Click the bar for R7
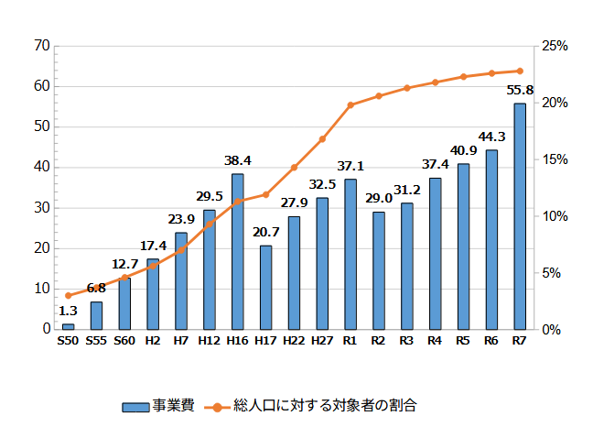(520, 216)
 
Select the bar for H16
(238, 251)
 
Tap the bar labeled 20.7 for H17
(265, 287)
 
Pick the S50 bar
(68, 326)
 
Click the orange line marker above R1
(350, 105)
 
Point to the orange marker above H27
(322, 139)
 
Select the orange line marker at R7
(520, 71)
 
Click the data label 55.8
(520, 91)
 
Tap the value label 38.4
(238, 161)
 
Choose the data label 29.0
(379, 199)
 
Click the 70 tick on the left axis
(41, 46)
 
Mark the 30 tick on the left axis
(41, 208)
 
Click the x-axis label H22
(294, 342)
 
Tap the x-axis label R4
(435, 342)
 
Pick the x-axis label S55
(96, 342)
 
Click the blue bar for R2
(379, 270)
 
